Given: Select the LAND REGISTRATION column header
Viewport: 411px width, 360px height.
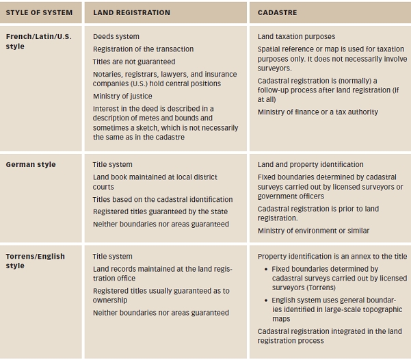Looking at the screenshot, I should click(131, 12).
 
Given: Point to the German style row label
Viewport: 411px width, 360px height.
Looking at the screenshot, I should click(31, 164).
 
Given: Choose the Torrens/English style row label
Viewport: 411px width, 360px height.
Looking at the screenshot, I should click(35, 261).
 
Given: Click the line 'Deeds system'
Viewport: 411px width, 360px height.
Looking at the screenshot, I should click(116, 36).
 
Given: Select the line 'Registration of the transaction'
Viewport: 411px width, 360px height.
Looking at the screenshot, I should click(143, 49).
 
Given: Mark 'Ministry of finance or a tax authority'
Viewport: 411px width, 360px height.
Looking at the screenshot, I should click(317, 112).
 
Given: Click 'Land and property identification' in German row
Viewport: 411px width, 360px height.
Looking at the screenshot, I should click(310, 164).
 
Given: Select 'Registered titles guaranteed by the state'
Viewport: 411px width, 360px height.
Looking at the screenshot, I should click(161, 211).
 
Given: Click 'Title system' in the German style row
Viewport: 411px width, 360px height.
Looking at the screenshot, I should click(113, 164).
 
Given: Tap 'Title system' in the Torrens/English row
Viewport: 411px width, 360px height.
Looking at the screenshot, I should click(113, 257).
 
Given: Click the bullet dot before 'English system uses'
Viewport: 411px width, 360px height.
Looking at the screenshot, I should click(265, 300).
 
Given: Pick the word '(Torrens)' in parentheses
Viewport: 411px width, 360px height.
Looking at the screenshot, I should click(290, 288).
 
